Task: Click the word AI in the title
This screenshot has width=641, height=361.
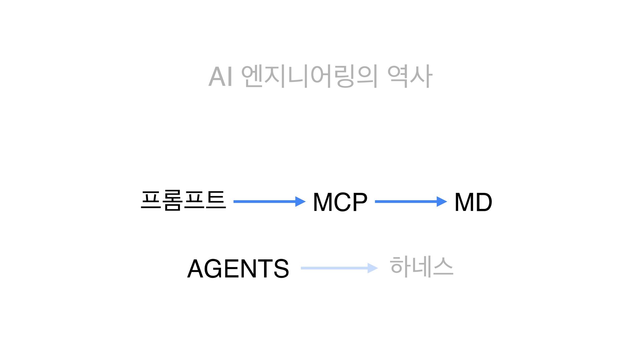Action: [220, 77]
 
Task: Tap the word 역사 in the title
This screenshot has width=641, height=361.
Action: [410, 77]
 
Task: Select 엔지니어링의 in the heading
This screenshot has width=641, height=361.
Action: [309, 77]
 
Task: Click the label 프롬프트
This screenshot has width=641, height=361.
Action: [183, 201]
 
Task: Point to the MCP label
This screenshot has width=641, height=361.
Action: [340, 202]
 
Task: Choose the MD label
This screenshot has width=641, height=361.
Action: [473, 202]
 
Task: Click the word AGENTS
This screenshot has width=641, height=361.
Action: [238, 269]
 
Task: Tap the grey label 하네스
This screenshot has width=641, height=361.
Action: [421, 267]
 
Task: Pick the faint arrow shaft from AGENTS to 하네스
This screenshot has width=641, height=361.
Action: [334, 268]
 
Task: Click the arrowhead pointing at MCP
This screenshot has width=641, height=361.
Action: [300, 202]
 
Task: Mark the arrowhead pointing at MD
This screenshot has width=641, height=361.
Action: [442, 202]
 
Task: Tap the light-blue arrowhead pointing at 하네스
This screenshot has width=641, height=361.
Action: [373, 268]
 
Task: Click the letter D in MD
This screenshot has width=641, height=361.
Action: [483, 202]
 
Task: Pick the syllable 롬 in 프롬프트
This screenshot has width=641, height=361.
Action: [172, 201]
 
